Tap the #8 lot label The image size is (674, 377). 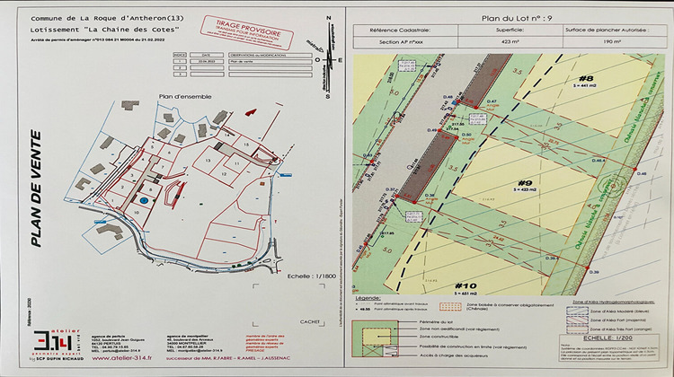tap(586, 78)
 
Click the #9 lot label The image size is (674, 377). tap(526, 185)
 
